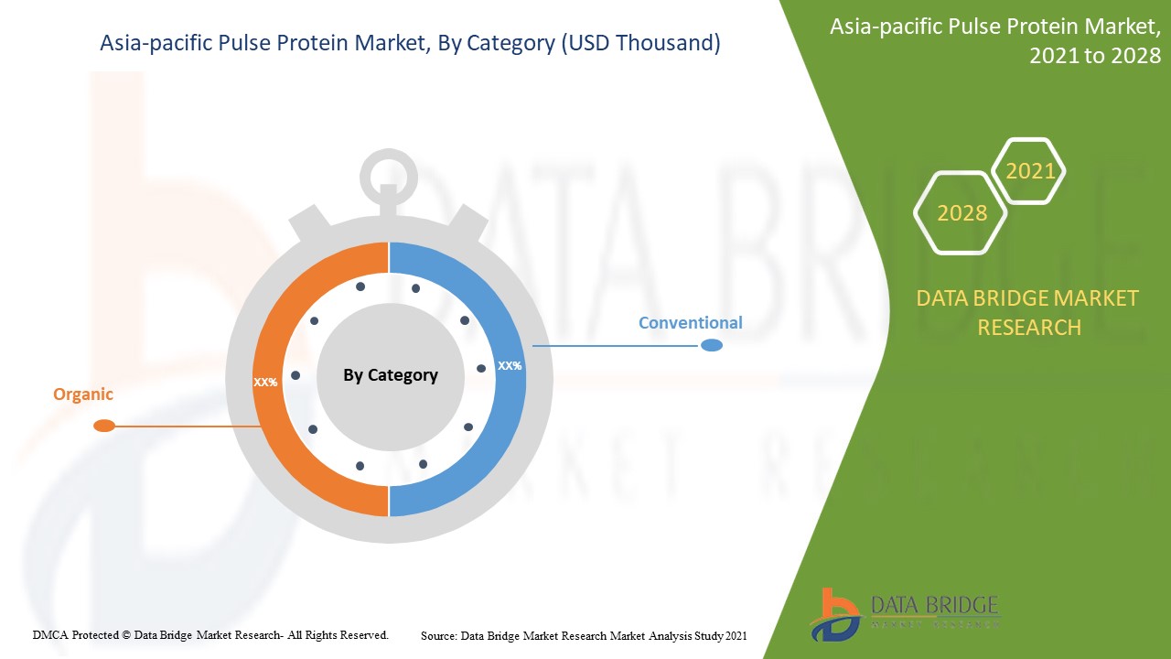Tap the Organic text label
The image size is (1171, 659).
pos(83,394)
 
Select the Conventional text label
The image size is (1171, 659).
pos(690,323)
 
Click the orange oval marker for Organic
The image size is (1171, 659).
pos(104,426)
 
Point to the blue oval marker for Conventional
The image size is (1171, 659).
pos(711,345)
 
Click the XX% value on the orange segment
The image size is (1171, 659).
pos(265,382)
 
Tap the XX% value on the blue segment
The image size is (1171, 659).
pos(510,365)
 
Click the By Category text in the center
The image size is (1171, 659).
pos(391,375)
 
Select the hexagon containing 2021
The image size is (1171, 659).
pos(1030,171)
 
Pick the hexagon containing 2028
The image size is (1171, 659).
pos(962,213)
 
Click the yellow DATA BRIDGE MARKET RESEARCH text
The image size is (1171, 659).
pos(1027,312)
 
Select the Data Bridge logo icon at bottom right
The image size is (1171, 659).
pos(833,613)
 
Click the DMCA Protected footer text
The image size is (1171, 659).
pos(210,635)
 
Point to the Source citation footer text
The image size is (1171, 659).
pos(584,635)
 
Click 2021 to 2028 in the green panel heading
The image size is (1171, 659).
pos(1095,56)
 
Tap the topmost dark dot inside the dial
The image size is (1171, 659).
pos(360,286)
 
